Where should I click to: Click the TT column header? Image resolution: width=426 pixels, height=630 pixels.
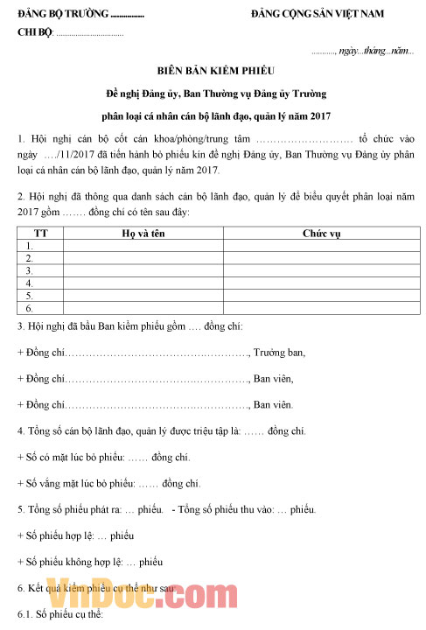[40, 234]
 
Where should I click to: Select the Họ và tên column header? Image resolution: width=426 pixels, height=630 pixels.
[143, 234]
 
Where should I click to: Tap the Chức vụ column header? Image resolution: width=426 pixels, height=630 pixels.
[321, 234]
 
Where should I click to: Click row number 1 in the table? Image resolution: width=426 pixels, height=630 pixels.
[31, 246]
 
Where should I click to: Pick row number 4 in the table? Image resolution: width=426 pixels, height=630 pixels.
[31, 283]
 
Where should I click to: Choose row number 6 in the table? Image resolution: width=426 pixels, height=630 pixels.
[31, 308]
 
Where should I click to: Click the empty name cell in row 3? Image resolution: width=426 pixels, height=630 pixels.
[143, 270]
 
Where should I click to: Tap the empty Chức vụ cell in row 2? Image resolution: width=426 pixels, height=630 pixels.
[321, 258]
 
